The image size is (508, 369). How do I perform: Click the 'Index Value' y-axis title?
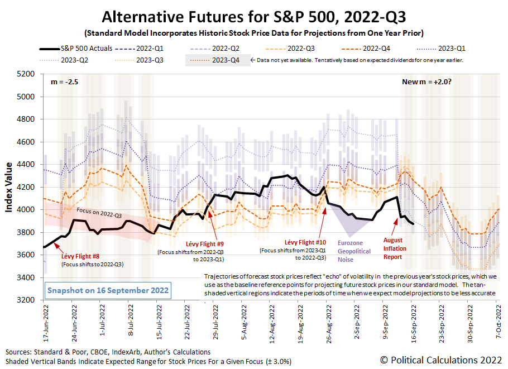tap(9, 187)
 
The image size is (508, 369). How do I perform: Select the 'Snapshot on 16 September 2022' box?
tap(108, 291)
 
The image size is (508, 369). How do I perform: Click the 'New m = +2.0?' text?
tap(426, 82)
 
